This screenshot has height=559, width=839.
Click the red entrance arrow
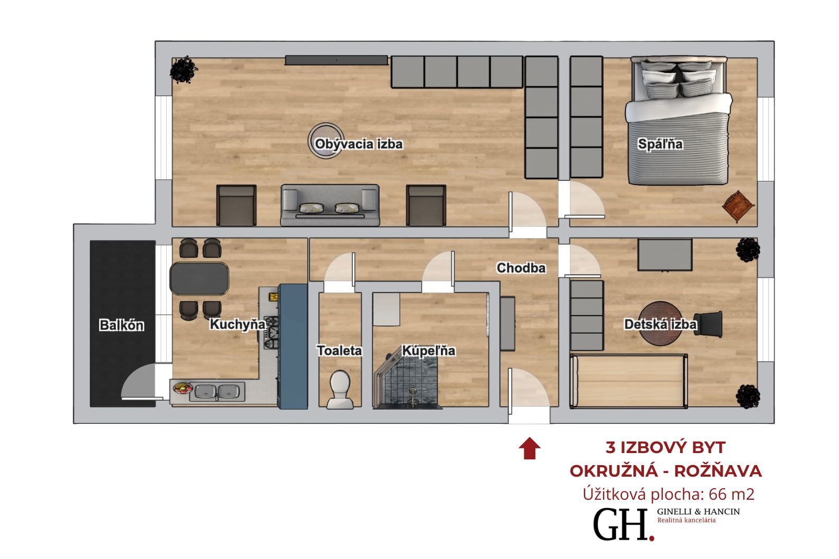(530, 448)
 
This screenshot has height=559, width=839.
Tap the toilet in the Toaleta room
(340, 390)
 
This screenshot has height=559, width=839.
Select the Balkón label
(122, 325)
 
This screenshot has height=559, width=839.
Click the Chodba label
(521, 268)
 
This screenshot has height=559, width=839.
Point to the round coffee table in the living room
(326, 141)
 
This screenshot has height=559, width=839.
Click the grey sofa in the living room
(330, 205)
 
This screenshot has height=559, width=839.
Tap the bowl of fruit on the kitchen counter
(182, 388)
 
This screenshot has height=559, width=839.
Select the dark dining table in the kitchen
(199, 278)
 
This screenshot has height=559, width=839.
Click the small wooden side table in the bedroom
(738, 206)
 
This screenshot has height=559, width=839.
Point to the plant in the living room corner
(184, 70)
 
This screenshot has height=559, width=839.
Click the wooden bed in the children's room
(629, 381)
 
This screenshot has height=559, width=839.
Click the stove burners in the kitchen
(271, 332)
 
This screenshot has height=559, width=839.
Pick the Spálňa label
(660, 144)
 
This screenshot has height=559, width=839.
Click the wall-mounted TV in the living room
(336, 60)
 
